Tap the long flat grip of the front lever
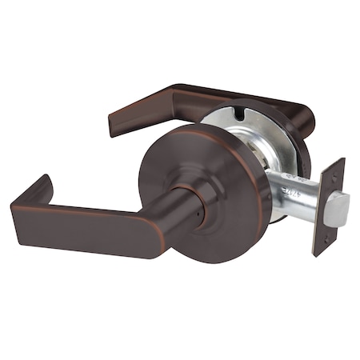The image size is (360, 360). (x=88, y=227)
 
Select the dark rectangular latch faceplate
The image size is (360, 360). (x=328, y=206)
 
